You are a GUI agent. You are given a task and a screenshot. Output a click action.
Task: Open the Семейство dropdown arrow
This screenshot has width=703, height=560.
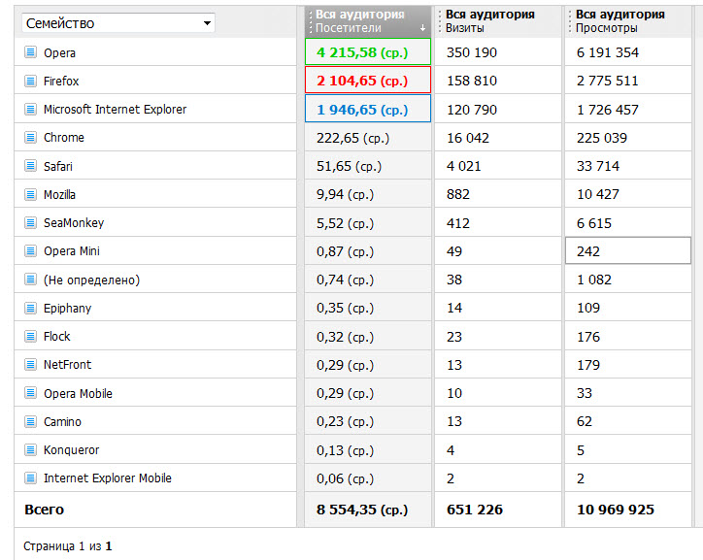[x=207, y=23]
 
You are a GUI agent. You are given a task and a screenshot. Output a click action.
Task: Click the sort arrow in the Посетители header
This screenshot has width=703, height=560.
[x=422, y=28]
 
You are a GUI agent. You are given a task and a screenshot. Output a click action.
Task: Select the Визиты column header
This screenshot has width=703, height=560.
[x=490, y=21]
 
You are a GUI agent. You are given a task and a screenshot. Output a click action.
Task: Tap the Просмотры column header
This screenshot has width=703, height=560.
[x=620, y=21]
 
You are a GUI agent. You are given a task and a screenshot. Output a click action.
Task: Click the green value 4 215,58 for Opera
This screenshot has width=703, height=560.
[x=362, y=52]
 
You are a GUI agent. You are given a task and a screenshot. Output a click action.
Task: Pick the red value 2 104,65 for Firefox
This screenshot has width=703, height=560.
[x=362, y=81]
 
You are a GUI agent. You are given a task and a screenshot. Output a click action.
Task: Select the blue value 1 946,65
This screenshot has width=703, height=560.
[x=362, y=110]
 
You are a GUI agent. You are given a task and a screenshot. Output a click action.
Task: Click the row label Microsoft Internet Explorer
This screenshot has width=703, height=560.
[x=115, y=110]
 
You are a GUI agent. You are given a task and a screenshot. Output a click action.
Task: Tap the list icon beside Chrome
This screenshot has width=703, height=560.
[x=30, y=137]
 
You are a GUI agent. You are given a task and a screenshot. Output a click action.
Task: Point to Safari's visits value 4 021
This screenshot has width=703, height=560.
[x=463, y=166]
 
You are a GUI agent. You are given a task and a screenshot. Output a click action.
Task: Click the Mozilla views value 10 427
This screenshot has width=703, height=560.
[x=597, y=194]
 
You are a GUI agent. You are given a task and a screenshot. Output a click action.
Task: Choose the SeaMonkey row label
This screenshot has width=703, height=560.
[x=74, y=223]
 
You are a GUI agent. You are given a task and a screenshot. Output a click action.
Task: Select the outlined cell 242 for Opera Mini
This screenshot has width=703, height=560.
[x=627, y=250]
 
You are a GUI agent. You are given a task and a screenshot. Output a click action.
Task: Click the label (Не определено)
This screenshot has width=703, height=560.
[x=91, y=280]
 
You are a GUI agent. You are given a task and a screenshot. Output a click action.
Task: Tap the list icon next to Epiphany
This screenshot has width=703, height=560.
[x=30, y=308]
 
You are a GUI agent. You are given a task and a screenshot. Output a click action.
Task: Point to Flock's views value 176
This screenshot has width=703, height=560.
[x=588, y=337]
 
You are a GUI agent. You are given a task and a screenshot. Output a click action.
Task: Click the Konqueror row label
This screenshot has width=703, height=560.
[x=71, y=449]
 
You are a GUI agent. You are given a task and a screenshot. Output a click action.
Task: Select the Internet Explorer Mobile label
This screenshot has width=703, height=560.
[x=108, y=478]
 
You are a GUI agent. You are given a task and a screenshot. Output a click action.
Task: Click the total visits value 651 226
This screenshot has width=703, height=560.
[x=475, y=510]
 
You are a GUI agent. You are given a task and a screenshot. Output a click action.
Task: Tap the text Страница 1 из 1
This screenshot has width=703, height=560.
[x=68, y=546]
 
